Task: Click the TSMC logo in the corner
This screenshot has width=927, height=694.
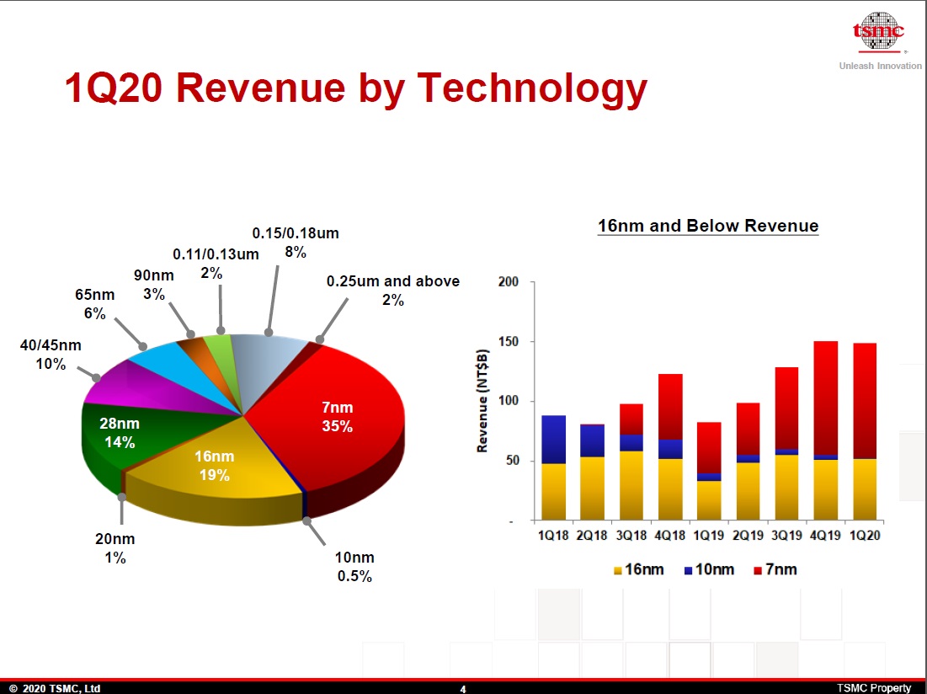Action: [x=878, y=32]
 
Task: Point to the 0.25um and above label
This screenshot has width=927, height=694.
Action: [x=393, y=290]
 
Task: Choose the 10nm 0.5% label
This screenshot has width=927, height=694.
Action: [x=354, y=567]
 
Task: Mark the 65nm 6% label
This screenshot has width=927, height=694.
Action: [x=93, y=304]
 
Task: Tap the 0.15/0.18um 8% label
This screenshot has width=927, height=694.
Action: [x=296, y=242]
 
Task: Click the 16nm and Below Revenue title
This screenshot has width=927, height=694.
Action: [x=707, y=226]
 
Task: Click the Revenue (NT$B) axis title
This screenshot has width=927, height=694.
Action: [x=482, y=400]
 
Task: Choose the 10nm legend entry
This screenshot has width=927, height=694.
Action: [x=709, y=570]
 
